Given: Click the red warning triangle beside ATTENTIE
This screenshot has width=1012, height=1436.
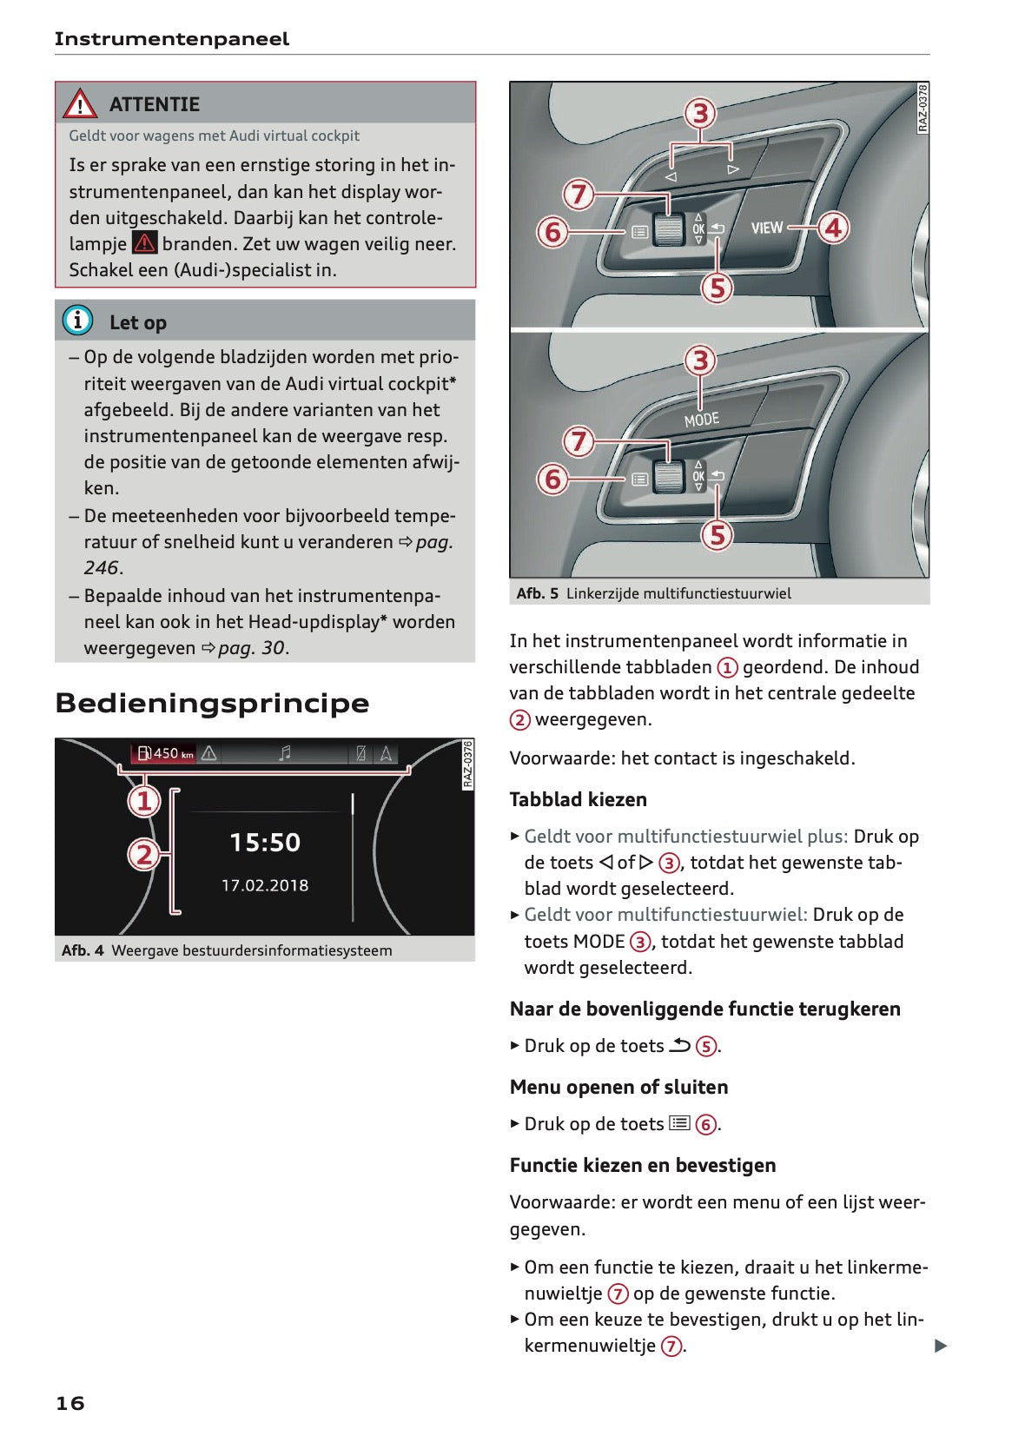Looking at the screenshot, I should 80,104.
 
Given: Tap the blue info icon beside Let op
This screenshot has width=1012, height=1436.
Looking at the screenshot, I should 77,321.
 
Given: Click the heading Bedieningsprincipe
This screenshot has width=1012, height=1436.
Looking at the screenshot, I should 212,703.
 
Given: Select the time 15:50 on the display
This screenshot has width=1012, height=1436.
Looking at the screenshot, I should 265,842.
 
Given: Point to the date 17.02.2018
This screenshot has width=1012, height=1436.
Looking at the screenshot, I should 265,885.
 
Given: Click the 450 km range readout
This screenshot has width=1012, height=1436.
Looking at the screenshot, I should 166,753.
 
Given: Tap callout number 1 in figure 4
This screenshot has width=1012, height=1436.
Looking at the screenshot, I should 144,800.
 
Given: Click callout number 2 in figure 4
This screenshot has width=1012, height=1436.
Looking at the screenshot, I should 144,855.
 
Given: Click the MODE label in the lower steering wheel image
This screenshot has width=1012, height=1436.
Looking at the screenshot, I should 702,420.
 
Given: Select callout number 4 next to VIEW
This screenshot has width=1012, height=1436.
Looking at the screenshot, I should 834,228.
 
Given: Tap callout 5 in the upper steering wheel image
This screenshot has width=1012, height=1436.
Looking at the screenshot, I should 718,288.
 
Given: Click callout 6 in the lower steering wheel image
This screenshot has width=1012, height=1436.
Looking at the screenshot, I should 552,479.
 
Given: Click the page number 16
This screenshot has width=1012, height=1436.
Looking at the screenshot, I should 70,1403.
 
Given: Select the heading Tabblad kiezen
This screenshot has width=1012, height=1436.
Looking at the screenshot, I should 578,799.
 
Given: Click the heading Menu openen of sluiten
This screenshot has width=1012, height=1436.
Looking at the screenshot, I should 618,1087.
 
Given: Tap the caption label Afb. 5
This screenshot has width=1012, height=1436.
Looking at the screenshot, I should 537,593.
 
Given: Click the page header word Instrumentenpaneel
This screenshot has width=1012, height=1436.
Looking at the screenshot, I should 172,39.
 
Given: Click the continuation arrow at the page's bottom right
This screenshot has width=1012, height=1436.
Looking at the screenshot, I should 940,1346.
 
